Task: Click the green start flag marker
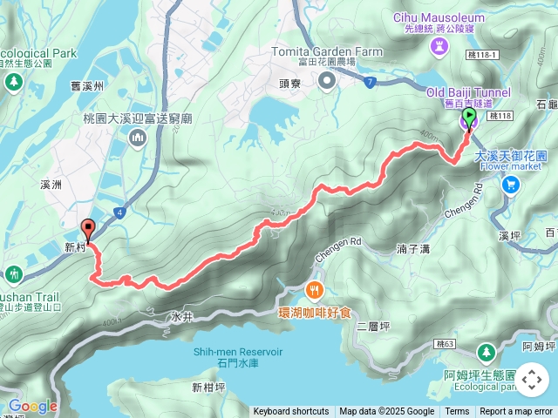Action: point(469,117)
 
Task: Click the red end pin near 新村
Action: point(87,230)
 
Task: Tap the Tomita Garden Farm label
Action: point(327,51)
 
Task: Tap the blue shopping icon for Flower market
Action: point(511,184)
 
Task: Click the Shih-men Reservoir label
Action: point(238,351)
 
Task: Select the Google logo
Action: point(32,406)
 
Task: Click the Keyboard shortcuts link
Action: point(291,412)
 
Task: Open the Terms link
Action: point(457,412)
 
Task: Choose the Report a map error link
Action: point(516,412)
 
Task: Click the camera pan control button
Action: point(532,381)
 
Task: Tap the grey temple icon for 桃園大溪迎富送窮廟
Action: point(138,138)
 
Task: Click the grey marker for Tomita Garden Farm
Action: point(327,82)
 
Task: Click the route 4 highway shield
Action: point(119,212)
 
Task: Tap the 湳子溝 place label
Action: point(413,249)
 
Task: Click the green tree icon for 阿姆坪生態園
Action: point(487,353)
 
